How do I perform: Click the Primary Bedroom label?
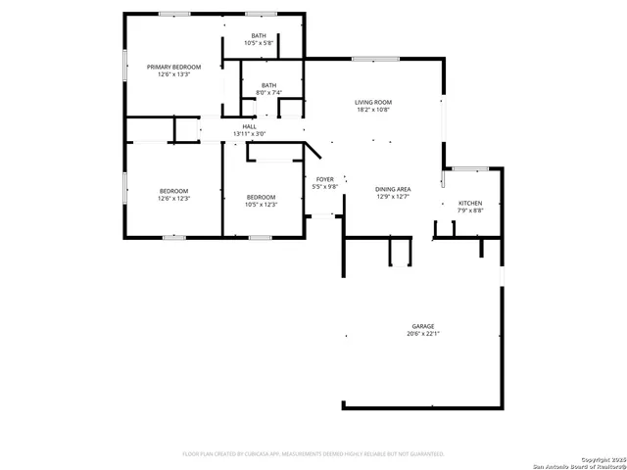click(173, 67)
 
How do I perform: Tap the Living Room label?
click(373, 102)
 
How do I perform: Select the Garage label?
click(423, 326)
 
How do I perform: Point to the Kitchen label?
click(470, 203)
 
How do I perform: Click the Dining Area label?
click(393, 189)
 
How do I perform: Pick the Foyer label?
click(324, 178)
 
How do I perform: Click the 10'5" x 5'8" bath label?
click(259, 36)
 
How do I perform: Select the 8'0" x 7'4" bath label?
click(266, 85)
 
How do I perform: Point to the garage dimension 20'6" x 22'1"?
click(423, 334)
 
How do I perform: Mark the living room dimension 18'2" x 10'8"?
click(373, 110)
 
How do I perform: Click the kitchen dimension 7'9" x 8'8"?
click(470, 211)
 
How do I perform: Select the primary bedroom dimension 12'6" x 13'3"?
click(173, 74)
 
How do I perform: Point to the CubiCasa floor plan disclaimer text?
click(313, 454)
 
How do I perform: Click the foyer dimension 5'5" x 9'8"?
click(324, 186)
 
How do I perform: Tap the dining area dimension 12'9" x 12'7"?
click(393, 197)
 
